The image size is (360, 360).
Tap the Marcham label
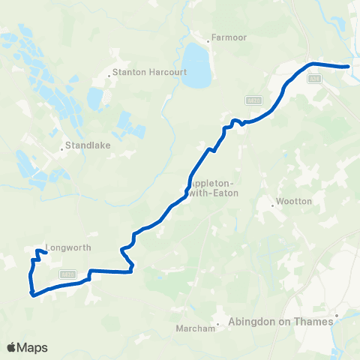tap(196, 326)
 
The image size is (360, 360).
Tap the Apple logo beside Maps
tap(12, 347)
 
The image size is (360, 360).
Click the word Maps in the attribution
tap(33, 347)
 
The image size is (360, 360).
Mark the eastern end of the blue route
tap(348, 67)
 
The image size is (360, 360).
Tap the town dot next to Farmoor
tap(210, 37)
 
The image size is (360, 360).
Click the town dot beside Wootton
tap(273, 203)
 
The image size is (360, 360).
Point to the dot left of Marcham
tap(218, 326)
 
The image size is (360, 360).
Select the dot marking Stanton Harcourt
tap(108, 73)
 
